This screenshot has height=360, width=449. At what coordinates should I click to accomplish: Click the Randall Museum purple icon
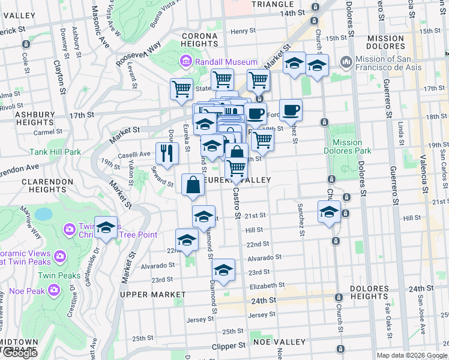click(x=186, y=62)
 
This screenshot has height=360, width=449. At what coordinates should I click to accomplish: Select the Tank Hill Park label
click(x=56, y=152)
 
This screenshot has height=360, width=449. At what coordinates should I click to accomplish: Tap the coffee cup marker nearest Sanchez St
click(x=291, y=110)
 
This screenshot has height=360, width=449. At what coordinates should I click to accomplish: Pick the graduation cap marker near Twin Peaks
click(x=106, y=227)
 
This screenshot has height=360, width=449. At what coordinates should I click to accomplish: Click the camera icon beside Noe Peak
click(x=55, y=290)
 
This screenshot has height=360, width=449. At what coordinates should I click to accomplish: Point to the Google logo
click(x=20, y=353)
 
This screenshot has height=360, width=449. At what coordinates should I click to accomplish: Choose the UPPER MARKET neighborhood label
click(x=152, y=295)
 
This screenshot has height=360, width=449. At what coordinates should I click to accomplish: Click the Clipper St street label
click(x=229, y=346)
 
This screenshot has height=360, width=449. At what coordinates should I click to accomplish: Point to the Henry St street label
click(x=243, y=31)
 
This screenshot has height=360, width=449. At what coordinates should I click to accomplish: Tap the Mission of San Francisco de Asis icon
click(x=346, y=62)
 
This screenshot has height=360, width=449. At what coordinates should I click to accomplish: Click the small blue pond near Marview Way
click(x=43, y=214)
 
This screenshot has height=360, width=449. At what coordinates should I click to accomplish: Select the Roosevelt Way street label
click(x=139, y=53)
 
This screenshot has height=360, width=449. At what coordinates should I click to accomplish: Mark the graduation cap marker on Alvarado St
click(x=223, y=271)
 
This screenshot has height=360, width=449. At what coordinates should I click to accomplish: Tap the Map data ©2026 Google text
click(x=411, y=355)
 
